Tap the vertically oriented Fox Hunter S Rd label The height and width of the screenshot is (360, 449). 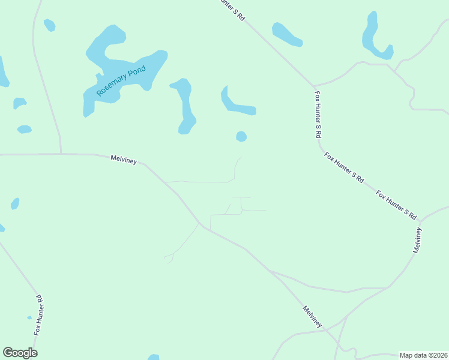(x=318, y=115)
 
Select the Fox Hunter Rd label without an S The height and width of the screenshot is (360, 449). (x=38, y=315)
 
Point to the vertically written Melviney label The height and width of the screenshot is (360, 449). (x=418, y=239)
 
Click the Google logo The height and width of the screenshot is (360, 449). (x=20, y=353)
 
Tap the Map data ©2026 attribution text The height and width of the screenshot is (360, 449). (x=423, y=355)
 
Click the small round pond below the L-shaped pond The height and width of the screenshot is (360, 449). (x=241, y=137)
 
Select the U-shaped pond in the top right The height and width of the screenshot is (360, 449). (x=375, y=39)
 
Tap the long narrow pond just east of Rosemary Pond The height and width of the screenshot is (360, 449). (x=185, y=105)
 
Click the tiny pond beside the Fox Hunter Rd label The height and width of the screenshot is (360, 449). (x=29, y=317)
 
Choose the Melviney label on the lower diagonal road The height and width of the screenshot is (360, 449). (x=312, y=317)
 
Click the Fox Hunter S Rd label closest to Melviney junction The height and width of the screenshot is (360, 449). (x=396, y=204)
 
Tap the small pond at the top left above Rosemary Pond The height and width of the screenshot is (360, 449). (x=49, y=25)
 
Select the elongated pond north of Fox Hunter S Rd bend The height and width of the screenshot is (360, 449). (x=287, y=34)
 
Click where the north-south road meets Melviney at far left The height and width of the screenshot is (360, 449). (x=61, y=154)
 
